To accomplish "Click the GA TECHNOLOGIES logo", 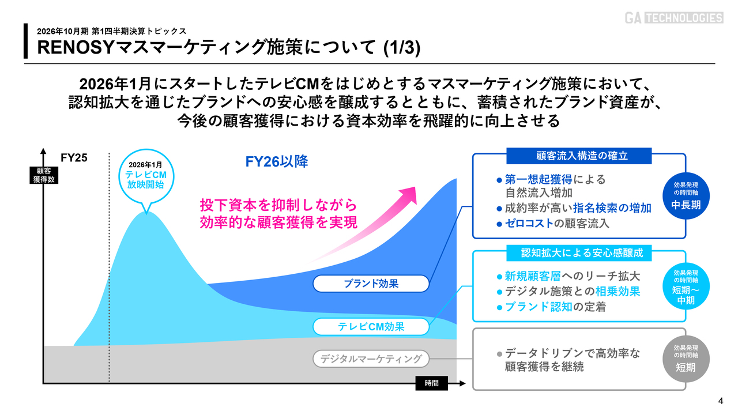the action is (x=674, y=18).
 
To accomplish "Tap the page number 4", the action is (x=721, y=401).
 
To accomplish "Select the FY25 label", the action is (x=74, y=158).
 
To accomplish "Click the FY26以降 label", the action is (x=276, y=161).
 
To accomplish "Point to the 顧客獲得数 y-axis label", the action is (x=44, y=175).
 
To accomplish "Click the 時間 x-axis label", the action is (x=432, y=383).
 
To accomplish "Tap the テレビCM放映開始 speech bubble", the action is (x=146, y=176).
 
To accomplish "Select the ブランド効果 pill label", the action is (x=371, y=284).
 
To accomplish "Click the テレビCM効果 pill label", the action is (x=371, y=326).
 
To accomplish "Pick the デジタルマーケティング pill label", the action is (x=371, y=359).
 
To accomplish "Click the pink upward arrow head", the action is (x=409, y=194).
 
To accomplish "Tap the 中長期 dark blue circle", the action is (x=686, y=196).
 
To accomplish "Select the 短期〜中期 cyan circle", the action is (x=686, y=286).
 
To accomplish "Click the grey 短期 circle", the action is (x=686, y=359).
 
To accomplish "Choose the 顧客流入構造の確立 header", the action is (x=579, y=156).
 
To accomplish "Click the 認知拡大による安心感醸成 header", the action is (x=579, y=253).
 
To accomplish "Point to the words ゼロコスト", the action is (x=529, y=223).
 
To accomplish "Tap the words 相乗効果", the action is (x=617, y=291).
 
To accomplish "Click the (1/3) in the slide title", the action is (x=402, y=47).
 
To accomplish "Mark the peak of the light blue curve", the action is (x=146, y=212).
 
